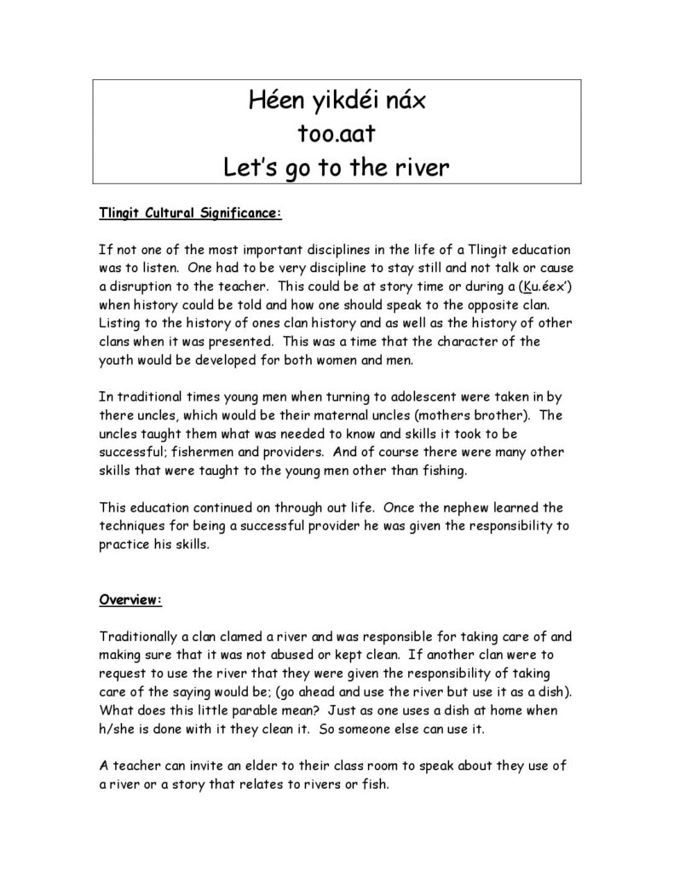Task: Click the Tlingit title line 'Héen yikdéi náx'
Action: pos(336,101)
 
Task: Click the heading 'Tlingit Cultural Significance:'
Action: pos(189,213)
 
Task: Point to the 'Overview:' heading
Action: pos(130,598)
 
